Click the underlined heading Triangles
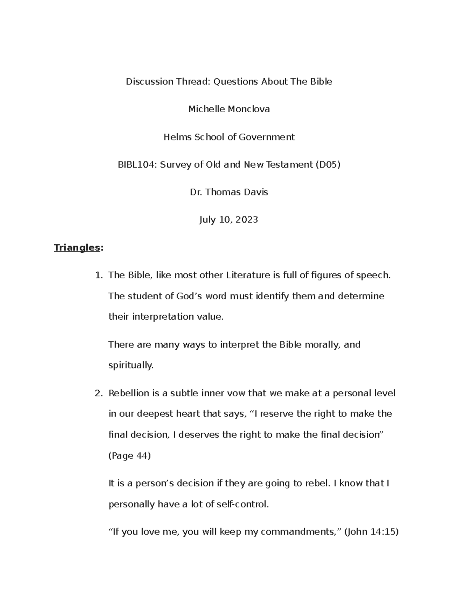coord(77,247)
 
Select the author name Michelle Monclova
coord(229,109)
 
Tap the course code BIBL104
coord(137,165)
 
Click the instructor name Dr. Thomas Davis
coord(229,192)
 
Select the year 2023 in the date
coord(247,220)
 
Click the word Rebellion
coord(129,393)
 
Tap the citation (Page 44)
coord(130,456)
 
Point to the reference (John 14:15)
coord(371,532)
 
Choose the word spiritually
coord(131,365)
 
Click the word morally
coord(321,345)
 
